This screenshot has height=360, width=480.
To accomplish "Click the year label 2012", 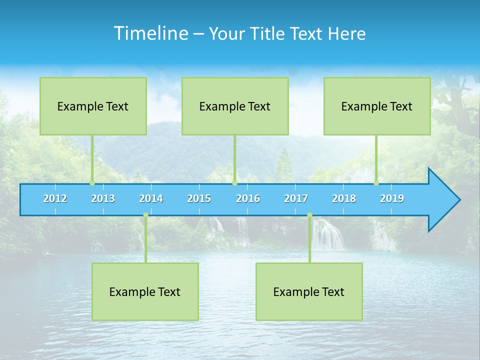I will click(x=55, y=198).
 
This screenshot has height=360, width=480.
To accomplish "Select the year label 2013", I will click(x=103, y=198).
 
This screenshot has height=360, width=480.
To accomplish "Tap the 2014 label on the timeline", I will click(x=151, y=198).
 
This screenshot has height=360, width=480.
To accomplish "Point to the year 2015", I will click(x=199, y=198).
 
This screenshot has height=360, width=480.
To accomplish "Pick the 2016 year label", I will click(x=248, y=198).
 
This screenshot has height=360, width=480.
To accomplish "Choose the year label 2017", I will click(x=296, y=198).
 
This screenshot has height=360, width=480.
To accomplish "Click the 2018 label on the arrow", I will click(x=344, y=198).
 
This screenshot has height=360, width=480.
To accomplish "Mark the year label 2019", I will click(x=392, y=198).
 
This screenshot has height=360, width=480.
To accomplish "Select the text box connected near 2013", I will click(x=93, y=106).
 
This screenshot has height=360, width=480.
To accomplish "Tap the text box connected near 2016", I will click(x=235, y=106).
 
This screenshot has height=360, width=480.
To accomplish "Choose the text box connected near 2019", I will click(x=377, y=106).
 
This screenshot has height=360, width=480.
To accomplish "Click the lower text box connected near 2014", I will click(x=145, y=291).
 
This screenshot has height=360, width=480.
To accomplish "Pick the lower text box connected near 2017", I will click(x=309, y=291).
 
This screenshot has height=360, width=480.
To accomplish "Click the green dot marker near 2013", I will click(x=92, y=183).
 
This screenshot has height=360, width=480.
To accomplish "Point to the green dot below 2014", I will click(x=145, y=215).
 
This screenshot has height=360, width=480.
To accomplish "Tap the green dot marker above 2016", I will click(x=234, y=183).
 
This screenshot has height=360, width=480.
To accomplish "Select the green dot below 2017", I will click(x=309, y=215).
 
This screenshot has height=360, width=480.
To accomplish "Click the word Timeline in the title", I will click(x=150, y=33).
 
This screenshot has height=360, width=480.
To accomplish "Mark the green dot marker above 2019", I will click(x=376, y=183).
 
